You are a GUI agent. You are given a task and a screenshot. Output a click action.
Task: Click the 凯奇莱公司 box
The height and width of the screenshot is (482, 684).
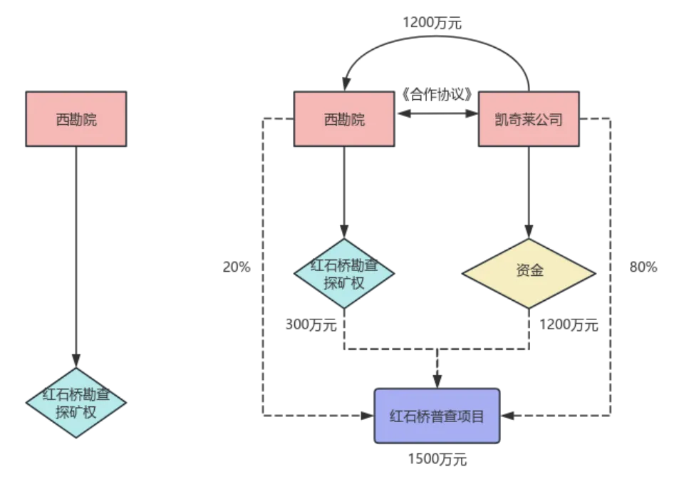(x=528, y=119)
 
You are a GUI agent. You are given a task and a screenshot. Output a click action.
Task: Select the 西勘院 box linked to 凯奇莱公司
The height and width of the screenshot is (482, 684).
(x=344, y=119)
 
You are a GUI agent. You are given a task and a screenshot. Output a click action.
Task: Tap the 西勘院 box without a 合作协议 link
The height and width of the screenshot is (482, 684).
(x=76, y=119)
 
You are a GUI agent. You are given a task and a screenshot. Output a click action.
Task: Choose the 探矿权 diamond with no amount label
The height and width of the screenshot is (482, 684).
(x=76, y=403)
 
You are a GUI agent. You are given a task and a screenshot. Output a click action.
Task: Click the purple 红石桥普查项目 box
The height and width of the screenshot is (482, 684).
(x=437, y=416)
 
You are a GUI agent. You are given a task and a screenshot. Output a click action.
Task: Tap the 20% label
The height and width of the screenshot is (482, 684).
(x=237, y=268)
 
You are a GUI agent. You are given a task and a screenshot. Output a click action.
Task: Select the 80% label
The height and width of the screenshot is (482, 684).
(x=643, y=268)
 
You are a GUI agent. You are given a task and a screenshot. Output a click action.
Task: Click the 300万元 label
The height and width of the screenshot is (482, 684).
(x=311, y=325)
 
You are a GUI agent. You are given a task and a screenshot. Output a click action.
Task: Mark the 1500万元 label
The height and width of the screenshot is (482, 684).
(x=437, y=460)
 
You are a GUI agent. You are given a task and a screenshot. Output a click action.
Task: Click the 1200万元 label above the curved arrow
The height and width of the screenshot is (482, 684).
(x=432, y=24)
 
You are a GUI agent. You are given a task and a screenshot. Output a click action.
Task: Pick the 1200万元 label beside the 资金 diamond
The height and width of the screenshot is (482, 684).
(x=569, y=325)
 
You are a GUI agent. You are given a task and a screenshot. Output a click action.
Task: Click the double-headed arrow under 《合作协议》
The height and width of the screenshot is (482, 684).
(x=436, y=113)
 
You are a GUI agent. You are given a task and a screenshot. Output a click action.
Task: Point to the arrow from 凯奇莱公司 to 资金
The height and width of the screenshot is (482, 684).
(x=528, y=193)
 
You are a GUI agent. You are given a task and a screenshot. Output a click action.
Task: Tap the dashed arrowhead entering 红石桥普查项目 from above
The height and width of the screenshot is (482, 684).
(x=437, y=381)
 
